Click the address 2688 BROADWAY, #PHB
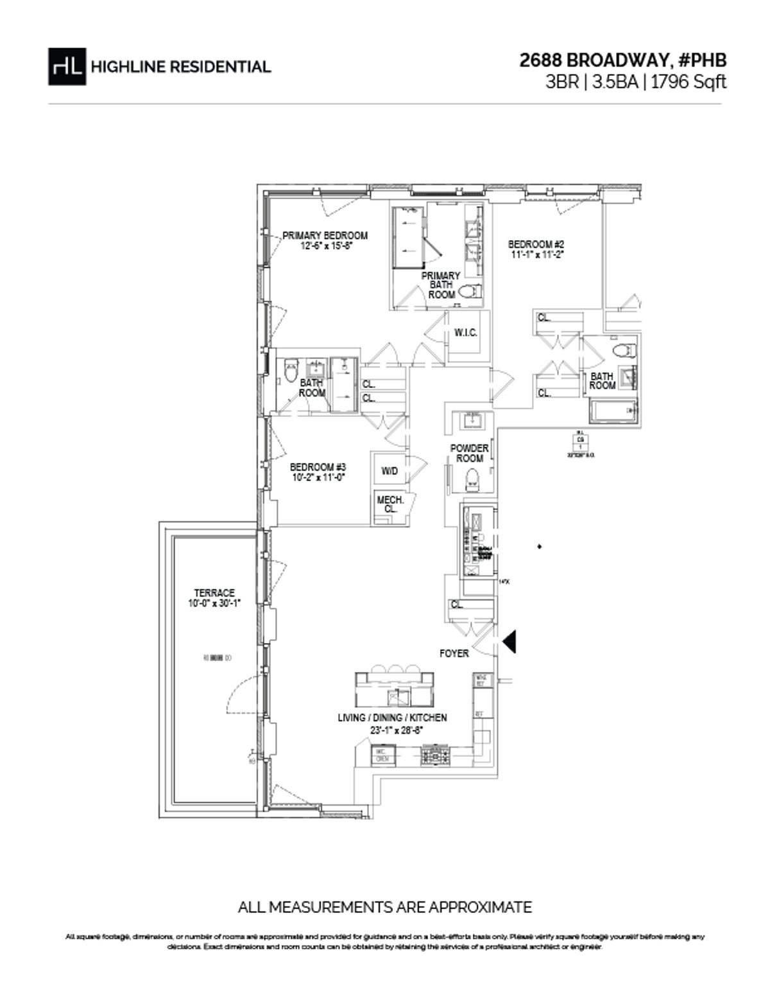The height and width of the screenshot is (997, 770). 623,60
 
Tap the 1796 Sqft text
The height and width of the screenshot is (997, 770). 689,82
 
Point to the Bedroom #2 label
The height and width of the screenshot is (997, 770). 536,249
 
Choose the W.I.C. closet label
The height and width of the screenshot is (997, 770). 465,333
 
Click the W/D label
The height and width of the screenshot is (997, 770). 389,471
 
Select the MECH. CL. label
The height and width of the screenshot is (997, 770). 389,504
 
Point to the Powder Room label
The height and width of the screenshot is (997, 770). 469,453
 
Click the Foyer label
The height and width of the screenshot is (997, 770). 454,653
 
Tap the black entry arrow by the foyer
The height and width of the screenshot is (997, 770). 511,641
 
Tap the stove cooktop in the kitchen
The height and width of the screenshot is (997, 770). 436,755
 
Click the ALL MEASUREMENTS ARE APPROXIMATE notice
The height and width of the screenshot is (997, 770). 384,907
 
